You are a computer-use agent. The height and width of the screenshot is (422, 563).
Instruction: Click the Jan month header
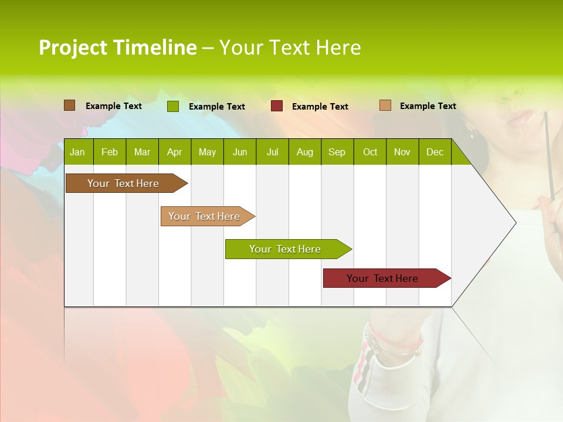pos(77,152)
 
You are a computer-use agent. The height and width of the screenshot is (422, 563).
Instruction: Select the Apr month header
pos(174,152)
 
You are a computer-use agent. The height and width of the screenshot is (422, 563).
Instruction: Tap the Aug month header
pos(304,152)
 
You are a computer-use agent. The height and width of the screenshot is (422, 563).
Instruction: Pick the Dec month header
pos(435,152)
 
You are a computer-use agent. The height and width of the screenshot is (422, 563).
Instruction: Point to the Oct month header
pos(369,152)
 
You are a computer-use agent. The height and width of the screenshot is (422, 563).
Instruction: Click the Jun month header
pos(239,152)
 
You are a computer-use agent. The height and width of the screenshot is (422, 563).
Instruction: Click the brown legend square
pos(69,105)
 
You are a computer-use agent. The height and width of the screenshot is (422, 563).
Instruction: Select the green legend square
pos(172,106)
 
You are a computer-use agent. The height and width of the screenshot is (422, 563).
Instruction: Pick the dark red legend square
pos(276,106)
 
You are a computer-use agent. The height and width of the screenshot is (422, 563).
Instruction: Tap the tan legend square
pos(385,105)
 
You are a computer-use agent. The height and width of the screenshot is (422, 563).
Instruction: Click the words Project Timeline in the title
pos(117,47)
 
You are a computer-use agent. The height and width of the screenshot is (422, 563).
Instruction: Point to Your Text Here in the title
pos(290,47)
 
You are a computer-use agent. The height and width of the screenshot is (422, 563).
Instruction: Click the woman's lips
pos(521,118)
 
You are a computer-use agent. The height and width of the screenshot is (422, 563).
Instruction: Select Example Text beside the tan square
pos(428,106)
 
